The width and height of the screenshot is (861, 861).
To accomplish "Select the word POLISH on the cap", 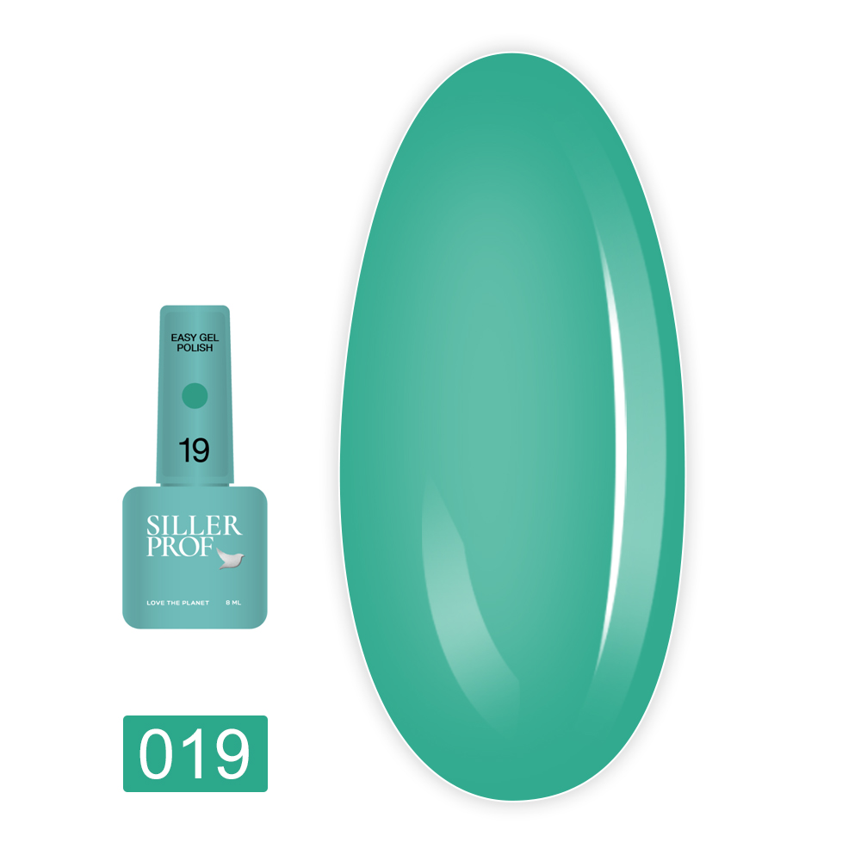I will (x=195, y=349).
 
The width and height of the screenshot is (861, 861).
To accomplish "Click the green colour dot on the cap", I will (x=195, y=395).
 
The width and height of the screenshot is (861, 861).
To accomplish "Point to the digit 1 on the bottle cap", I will (x=184, y=450).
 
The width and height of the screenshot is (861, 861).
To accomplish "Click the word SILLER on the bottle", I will (x=194, y=526).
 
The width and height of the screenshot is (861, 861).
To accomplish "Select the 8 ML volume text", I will (x=232, y=603).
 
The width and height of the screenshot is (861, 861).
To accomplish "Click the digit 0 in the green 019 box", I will (x=158, y=754).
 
